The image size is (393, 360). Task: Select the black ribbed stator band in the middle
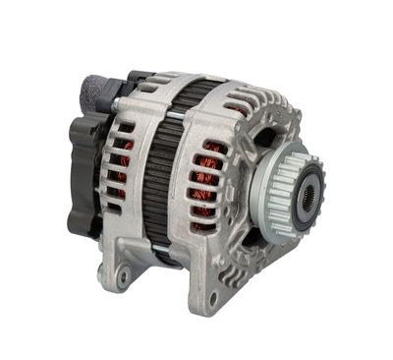tap(157, 177)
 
